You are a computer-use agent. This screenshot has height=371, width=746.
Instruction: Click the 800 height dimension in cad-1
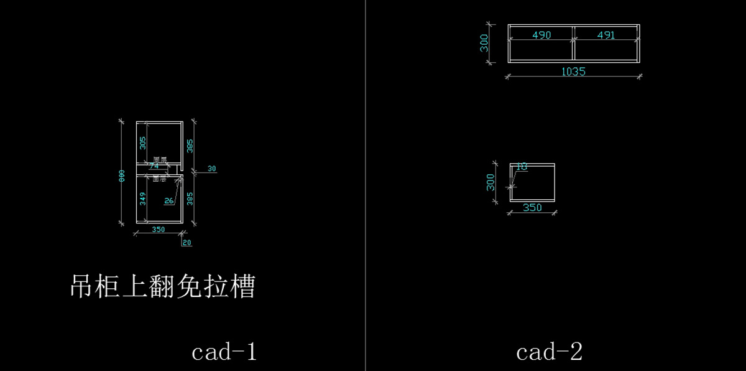pos(123,176)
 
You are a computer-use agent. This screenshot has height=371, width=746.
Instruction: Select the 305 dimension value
pos(142,144)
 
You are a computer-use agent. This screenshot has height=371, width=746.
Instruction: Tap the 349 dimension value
pos(142,199)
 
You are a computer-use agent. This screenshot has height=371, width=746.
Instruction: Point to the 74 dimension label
pos(154,166)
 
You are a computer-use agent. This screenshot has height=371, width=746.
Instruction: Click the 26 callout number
pos(169,200)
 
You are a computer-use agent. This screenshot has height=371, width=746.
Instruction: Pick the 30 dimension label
pos(211,169)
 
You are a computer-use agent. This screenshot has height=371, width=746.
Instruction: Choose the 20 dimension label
pos(187,243)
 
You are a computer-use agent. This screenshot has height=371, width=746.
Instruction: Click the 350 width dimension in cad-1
pos(158,230)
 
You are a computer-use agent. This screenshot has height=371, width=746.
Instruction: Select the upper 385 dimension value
pos(190,146)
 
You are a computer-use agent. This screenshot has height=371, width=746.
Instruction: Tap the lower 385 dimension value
pos(190,199)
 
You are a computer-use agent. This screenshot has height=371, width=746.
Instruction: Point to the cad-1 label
pos(224,352)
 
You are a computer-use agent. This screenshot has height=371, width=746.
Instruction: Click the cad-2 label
pos(549,352)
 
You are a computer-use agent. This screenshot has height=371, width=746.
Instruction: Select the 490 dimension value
pos(541,35)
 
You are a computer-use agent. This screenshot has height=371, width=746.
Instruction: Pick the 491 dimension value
pos(606,35)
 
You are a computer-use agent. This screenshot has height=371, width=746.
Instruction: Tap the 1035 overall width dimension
pos(573,72)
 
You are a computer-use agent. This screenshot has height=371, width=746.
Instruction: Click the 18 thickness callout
pos(522,167)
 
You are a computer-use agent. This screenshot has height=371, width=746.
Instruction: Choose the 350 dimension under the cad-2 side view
pos(532,208)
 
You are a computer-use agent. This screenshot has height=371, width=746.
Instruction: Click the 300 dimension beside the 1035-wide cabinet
pos(485,43)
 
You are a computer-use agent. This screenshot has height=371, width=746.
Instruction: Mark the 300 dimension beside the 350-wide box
pos(490,182)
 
